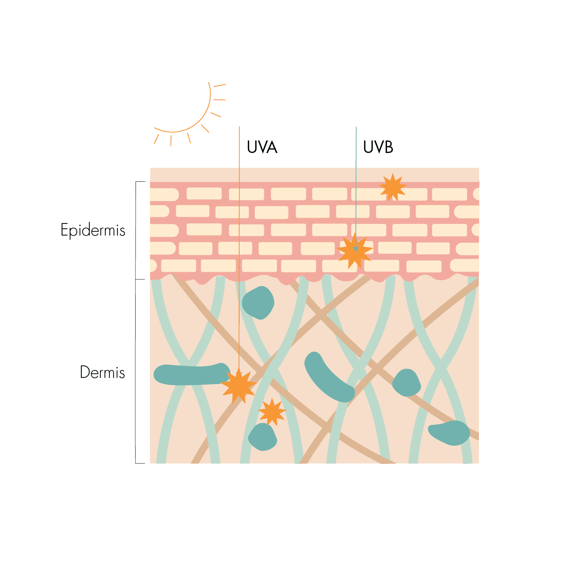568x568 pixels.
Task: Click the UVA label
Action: coord(262,147)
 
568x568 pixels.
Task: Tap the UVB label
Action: coord(378,147)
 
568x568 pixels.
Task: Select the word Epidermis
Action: coord(93,230)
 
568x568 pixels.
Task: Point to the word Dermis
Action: coord(102,372)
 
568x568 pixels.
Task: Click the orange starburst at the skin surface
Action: coord(393,187)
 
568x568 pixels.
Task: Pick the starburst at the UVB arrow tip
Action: coord(355,251)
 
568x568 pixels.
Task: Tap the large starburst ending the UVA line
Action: coord(239,385)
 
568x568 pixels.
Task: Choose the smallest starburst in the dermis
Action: coord(272,412)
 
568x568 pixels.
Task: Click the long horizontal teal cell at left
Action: coord(192,374)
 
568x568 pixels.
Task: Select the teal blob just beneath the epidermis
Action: coord(258,303)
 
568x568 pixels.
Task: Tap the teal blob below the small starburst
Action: coord(262,437)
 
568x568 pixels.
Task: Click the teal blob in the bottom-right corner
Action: coord(449,432)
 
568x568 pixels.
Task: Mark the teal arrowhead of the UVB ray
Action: coord(356,249)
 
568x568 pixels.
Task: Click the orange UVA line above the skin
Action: coord(239,147)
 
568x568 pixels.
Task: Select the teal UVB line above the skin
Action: coord(356,147)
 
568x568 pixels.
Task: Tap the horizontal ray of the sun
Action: coord(220,100)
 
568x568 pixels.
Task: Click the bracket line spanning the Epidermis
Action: coord(136,230)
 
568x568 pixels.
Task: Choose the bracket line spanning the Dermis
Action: coord(136,371)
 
